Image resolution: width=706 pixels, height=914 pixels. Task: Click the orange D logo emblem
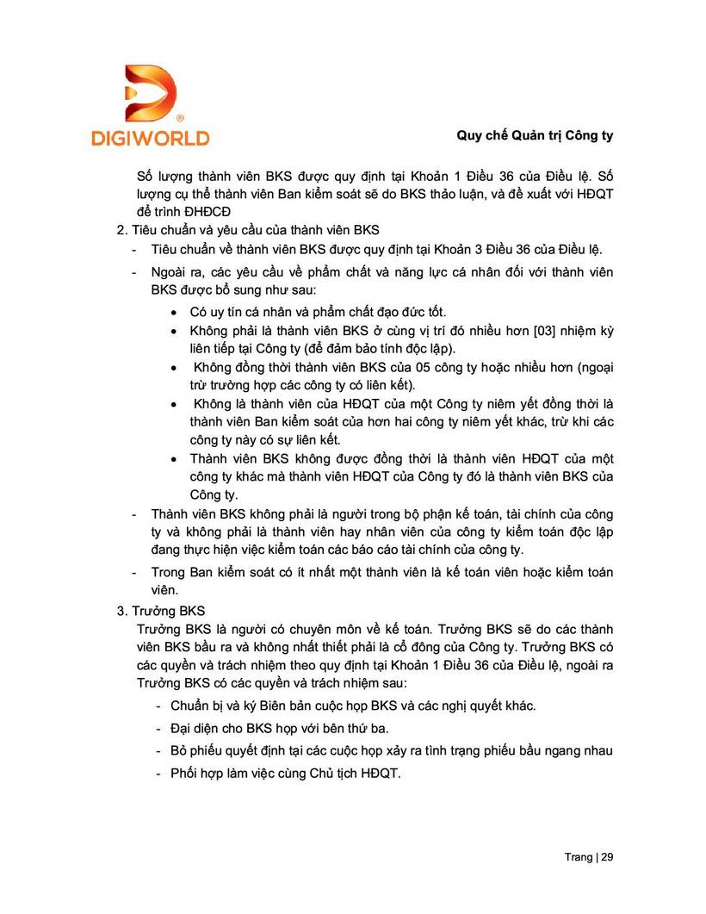(151, 93)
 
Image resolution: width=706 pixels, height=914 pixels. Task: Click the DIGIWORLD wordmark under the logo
(151, 137)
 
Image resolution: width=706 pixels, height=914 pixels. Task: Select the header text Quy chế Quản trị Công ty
(535, 136)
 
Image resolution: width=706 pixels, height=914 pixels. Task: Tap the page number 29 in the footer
(607, 857)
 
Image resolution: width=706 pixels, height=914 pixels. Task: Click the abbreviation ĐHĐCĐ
(203, 210)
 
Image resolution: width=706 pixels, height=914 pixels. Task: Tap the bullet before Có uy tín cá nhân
(175, 312)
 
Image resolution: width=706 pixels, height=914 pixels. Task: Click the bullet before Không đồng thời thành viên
(175, 368)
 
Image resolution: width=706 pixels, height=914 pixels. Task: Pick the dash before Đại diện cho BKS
(159, 728)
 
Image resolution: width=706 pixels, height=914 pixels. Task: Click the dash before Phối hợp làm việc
(159, 773)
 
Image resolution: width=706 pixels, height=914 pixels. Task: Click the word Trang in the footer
(578, 857)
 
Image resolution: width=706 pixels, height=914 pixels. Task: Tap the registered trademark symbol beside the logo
(179, 116)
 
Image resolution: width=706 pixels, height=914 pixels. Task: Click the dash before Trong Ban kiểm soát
(133, 572)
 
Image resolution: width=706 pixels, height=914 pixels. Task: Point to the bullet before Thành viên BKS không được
(175, 459)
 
